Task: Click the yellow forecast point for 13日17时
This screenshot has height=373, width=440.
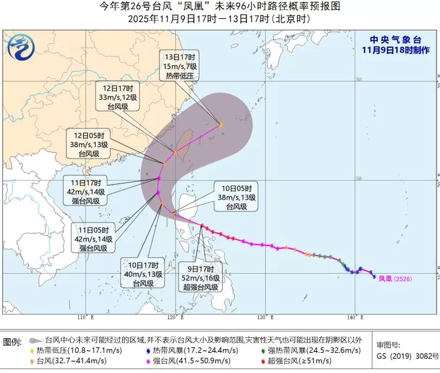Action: (x=221, y=125)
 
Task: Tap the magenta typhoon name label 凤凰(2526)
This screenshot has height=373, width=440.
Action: (x=395, y=279)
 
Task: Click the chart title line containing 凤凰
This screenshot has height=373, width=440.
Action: (x=220, y=7)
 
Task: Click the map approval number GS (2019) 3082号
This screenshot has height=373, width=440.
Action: (x=407, y=356)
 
